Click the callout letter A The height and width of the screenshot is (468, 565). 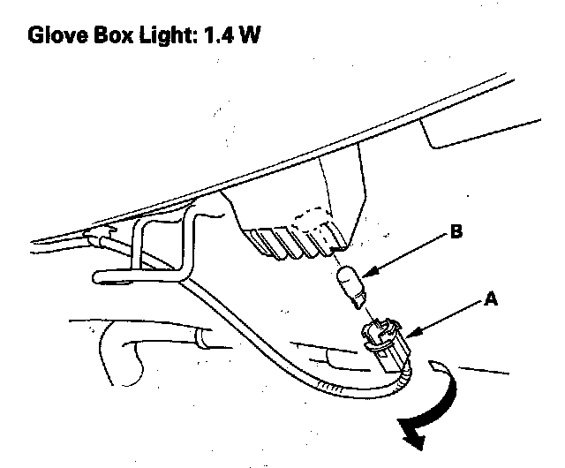pos(490,300)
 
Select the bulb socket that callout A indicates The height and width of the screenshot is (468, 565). pos(381,344)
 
